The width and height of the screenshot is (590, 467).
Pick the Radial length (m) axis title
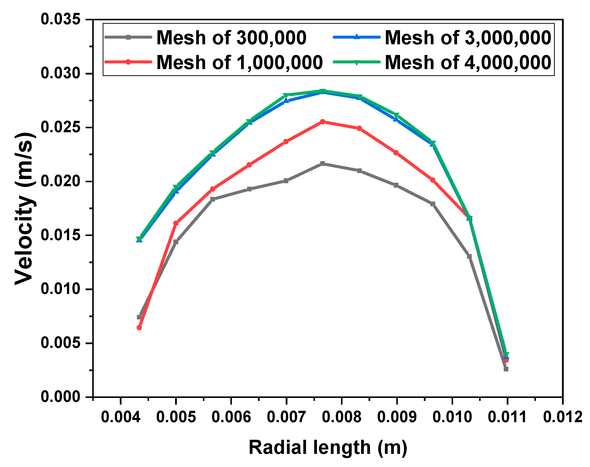[328, 448]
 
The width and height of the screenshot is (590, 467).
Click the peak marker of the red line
[323, 122]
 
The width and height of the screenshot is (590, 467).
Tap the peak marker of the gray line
[323, 164]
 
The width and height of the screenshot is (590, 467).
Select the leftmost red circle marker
[139, 327]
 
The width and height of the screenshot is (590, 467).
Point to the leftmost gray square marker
[139, 317]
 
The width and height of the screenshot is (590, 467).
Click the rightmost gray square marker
[506, 369]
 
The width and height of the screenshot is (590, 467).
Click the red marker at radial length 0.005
[176, 223]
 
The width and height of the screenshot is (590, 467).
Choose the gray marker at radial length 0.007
[286, 181]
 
